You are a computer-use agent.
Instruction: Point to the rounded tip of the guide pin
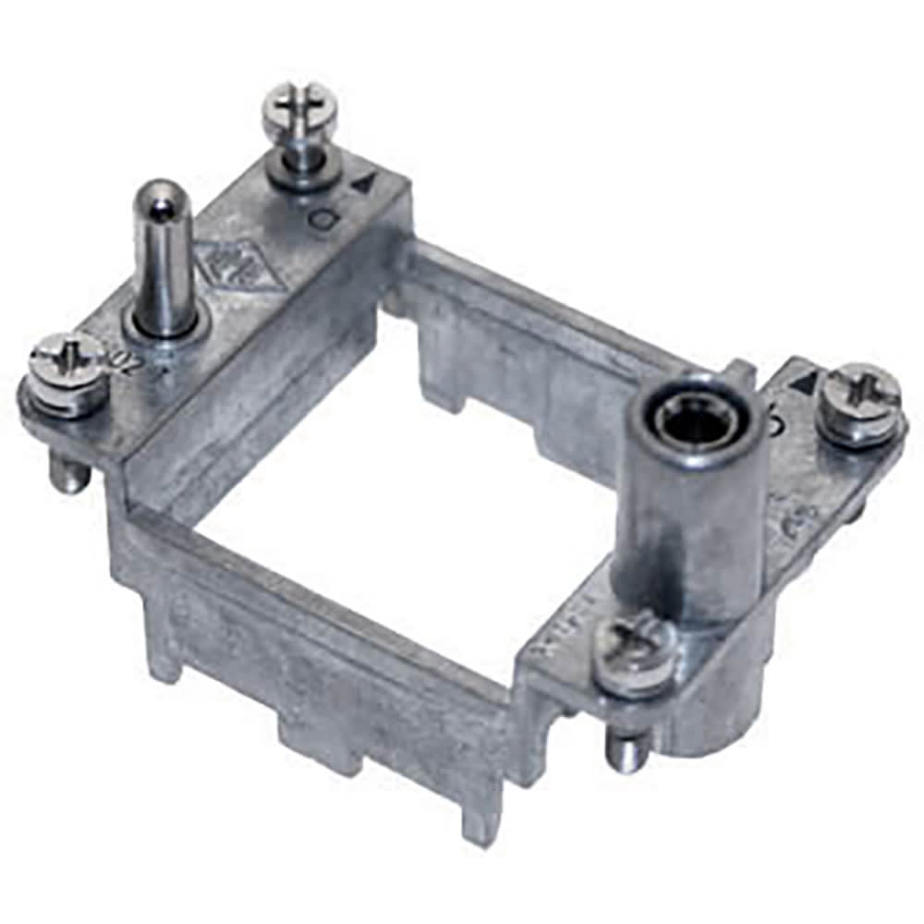(162, 197)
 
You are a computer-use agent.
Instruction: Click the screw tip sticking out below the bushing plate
(627, 748)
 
